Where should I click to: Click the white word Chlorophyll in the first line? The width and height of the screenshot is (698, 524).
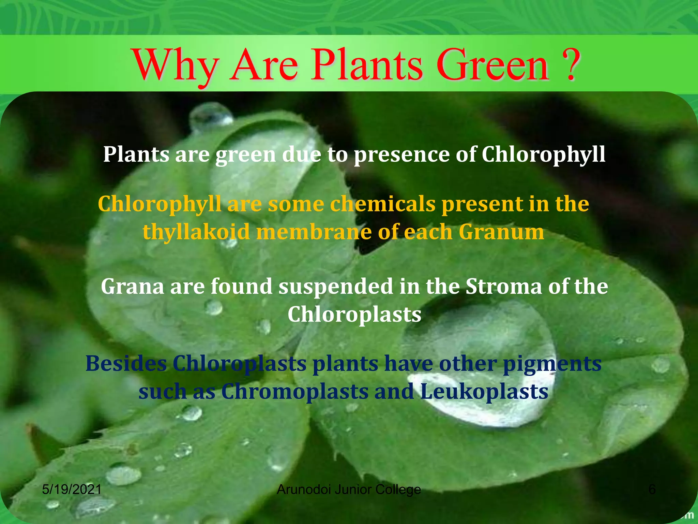(543, 155)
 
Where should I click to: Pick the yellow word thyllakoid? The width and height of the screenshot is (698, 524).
(196, 232)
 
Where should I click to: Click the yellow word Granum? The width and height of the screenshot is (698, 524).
(501, 232)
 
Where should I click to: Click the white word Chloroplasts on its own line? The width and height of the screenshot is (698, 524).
(354, 314)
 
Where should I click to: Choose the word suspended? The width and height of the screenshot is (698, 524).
(336, 287)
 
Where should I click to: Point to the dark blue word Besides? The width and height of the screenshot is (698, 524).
(126, 363)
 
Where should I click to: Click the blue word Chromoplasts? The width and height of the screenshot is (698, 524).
(294, 391)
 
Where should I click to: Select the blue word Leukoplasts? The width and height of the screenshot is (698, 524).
(484, 391)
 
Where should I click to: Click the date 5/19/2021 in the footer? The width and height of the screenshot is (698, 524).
(72, 490)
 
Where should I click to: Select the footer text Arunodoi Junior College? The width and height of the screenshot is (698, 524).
(349, 490)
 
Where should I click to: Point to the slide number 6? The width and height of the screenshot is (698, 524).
(652, 490)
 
